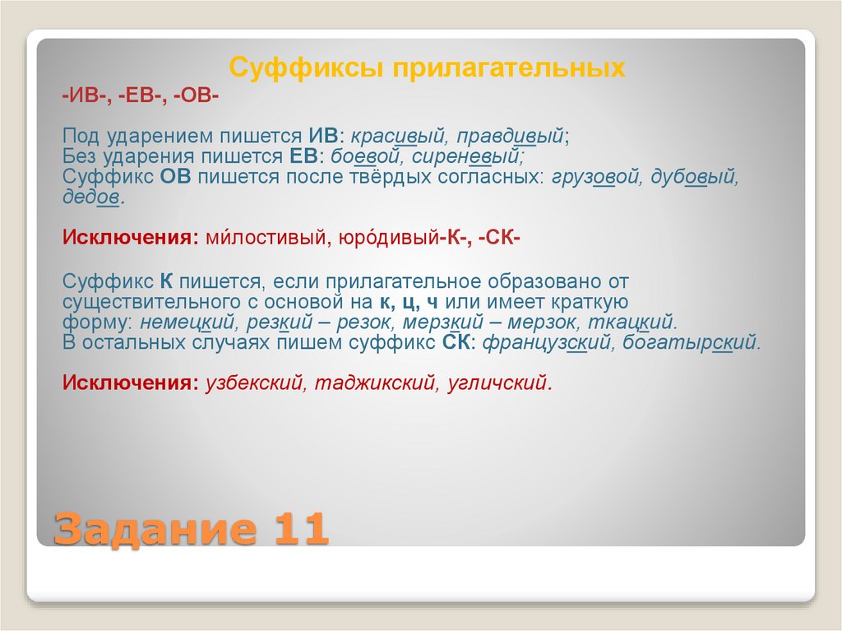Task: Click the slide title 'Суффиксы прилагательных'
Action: [x=427, y=67]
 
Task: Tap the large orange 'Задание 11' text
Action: [x=192, y=528]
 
